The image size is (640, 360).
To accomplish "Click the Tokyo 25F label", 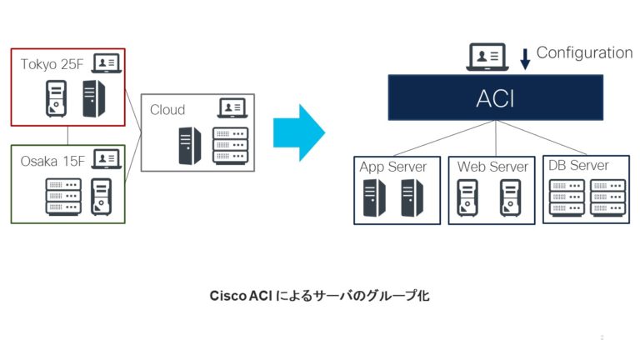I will click(52, 63).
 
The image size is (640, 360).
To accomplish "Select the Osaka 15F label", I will click(52, 160).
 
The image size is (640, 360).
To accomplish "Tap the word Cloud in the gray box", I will click(167, 109).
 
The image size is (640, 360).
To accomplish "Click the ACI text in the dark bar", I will click(495, 98).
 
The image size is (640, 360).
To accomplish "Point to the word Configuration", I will click(584, 52).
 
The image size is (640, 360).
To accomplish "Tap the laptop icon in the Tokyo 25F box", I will click(106, 62).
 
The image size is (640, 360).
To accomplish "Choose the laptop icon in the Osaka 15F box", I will click(106, 158).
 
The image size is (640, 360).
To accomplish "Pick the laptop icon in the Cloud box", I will click(231, 107).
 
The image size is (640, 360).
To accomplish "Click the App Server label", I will click(393, 167).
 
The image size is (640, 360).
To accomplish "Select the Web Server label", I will click(492, 167).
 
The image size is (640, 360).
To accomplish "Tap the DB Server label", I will click(578, 165).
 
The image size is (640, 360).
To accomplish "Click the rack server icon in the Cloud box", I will click(230, 145).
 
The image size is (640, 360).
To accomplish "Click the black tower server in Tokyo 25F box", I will click(93, 98).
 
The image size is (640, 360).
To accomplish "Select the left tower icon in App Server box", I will click(372, 197).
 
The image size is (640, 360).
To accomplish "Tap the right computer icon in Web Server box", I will click(510, 197).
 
